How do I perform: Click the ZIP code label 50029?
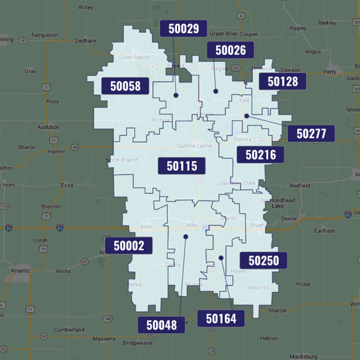click(x=184, y=29)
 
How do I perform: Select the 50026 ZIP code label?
click(x=230, y=50)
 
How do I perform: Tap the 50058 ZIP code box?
click(x=125, y=86)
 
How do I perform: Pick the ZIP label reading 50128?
click(x=283, y=82)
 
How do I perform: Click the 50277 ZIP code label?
click(x=311, y=134)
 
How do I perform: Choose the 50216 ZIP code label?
click(x=261, y=155)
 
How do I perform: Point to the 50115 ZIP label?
click(x=181, y=166)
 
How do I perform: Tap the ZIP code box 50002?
click(x=129, y=246)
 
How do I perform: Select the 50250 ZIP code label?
click(x=264, y=261)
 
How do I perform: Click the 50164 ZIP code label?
click(x=221, y=319)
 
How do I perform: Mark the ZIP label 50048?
click(x=161, y=325)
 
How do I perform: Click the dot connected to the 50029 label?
click(x=176, y=95)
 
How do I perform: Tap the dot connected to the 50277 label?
click(x=247, y=116)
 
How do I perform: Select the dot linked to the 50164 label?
click(x=221, y=258)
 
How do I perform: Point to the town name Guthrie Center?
click(x=195, y=146)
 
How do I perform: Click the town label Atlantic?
click(x=20, y=271)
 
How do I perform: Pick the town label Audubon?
click(x=48, y=127)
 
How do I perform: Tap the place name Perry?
click(x=330, y=72)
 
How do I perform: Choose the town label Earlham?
click(x=324, y=231)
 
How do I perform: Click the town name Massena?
click(x=104, y=339)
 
